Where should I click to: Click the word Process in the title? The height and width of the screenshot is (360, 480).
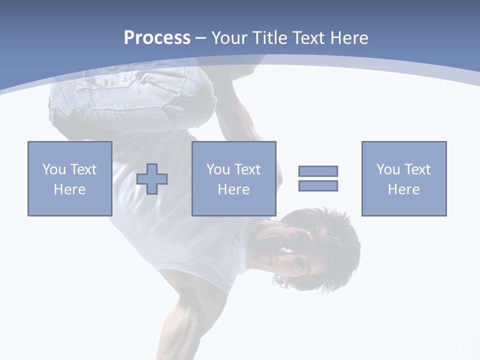pos(157,38)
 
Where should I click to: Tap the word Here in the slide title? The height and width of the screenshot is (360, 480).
pos(348,38)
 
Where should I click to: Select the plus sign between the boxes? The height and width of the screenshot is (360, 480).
pos(152,179)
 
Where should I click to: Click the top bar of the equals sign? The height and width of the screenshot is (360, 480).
pos(318,171)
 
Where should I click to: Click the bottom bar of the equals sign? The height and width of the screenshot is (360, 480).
pos(318,186)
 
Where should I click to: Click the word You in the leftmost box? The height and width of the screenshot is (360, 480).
pos(54,169)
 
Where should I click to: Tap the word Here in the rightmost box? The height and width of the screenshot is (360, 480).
pos(403,189)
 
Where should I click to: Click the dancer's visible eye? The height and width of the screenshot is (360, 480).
pos(299,266)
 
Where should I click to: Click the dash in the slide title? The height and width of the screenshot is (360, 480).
pos(200,38)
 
